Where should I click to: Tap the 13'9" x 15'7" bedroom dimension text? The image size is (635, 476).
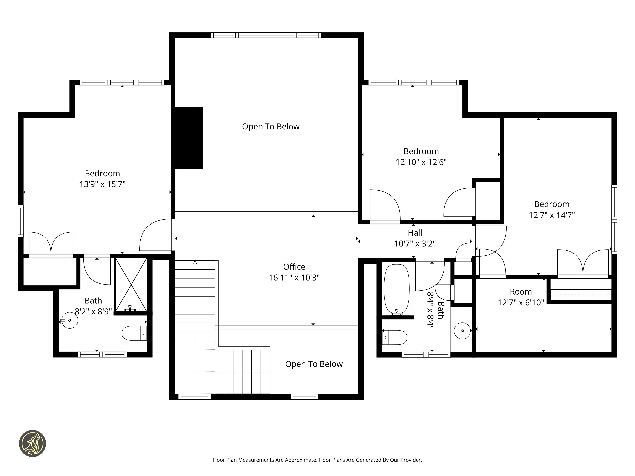tap(102, 184)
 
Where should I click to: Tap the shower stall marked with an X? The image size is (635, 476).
tap(131, 285)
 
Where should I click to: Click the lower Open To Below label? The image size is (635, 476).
tap(314, 364)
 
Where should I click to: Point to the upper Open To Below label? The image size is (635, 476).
tap(271, 127)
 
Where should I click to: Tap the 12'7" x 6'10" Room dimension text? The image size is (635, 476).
tap(521, 303)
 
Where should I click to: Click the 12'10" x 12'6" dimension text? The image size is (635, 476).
tap(421, 162)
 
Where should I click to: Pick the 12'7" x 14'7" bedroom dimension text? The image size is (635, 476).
tap(552, 215)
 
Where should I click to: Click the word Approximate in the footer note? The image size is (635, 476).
tap(301, 460)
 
